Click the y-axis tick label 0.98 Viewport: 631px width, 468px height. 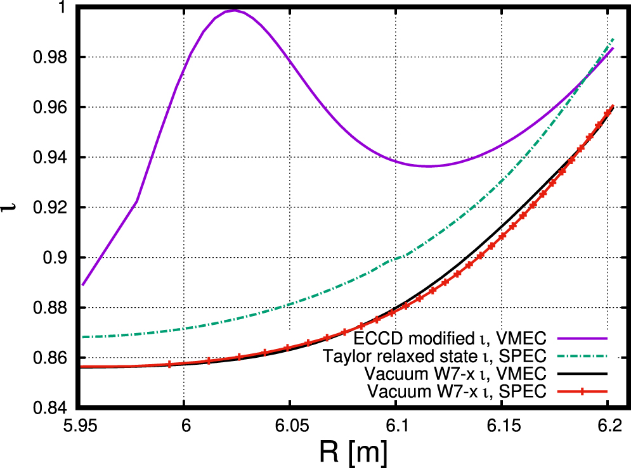54,57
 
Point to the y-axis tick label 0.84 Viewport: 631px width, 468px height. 54,408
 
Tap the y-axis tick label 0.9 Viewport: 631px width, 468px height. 60,258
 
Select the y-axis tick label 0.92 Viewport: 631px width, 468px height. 54,208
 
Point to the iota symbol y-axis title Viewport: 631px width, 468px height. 13,207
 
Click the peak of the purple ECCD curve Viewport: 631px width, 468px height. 233,10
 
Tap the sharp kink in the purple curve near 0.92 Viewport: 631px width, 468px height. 136,202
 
